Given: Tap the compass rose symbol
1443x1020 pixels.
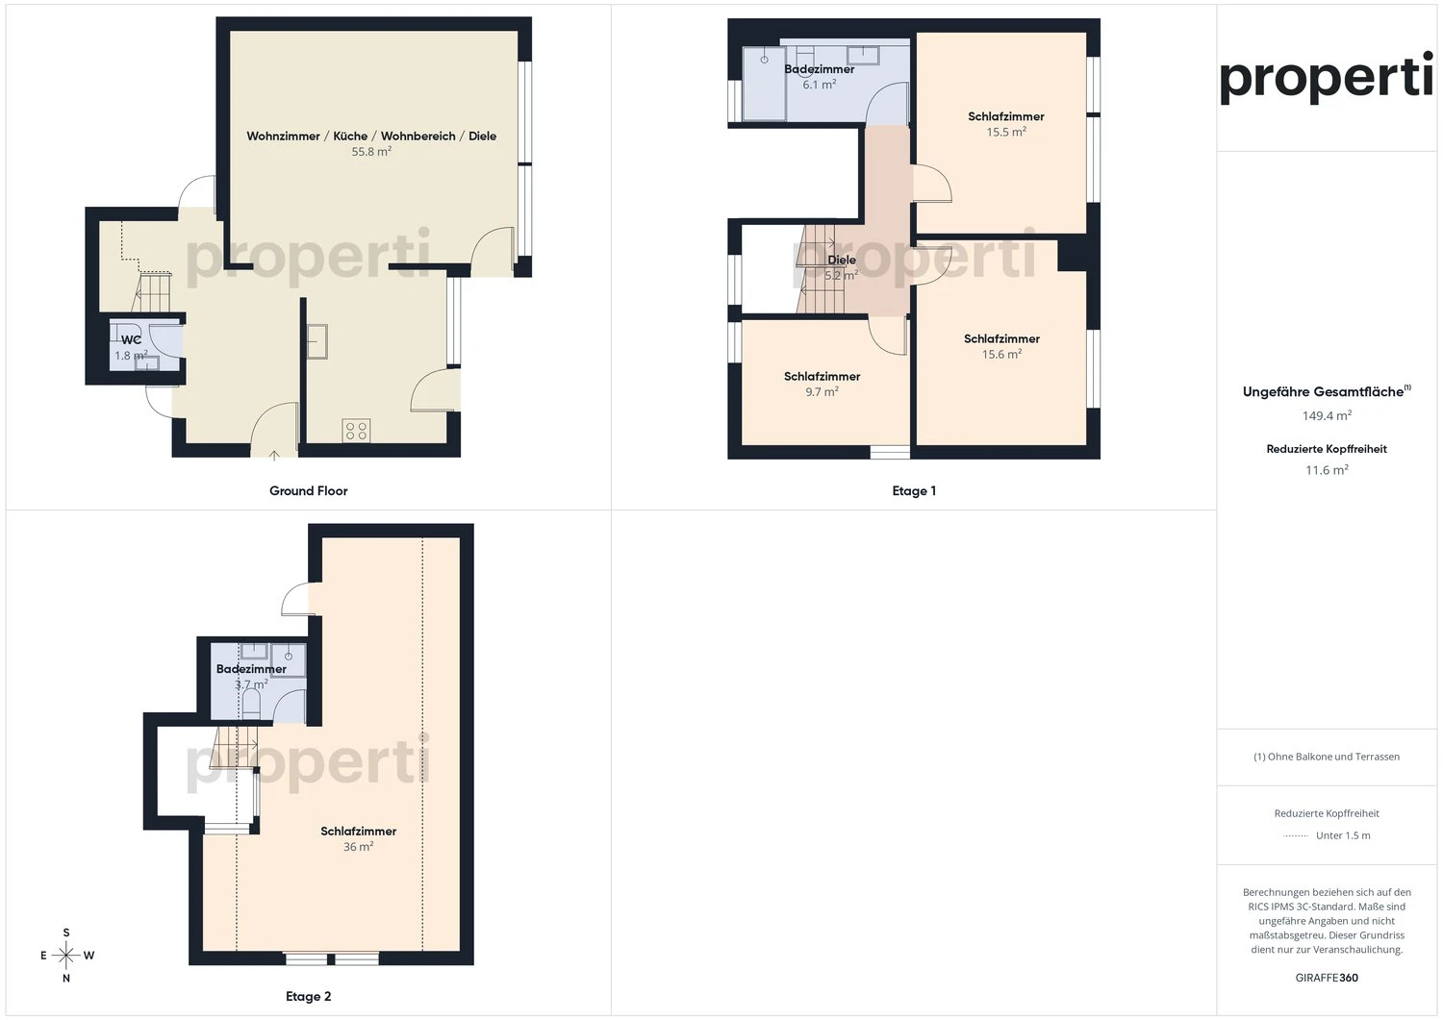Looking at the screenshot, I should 65,955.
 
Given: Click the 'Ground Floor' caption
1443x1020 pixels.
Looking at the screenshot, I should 308,490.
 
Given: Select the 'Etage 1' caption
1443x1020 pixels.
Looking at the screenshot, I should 913,490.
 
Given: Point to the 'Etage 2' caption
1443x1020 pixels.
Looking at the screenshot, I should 308,996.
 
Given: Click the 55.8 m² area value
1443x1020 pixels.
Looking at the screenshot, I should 371,152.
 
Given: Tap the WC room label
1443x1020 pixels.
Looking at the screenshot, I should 131,339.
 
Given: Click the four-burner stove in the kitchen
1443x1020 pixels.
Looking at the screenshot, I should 355,431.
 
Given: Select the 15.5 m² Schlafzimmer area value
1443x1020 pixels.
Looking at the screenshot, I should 1005,133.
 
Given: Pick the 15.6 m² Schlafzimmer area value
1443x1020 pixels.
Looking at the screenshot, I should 1001,355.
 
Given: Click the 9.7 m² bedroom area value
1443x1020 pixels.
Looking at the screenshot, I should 822,392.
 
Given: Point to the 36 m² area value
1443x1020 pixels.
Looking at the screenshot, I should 358,847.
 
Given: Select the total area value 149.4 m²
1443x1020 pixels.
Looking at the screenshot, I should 1327,416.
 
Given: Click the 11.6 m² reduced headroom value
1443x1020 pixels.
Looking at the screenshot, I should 1327,470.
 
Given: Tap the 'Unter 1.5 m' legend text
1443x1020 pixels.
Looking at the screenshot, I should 1343,835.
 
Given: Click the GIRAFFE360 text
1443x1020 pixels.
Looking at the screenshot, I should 1327,978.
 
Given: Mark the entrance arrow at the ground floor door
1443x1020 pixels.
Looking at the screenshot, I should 275,455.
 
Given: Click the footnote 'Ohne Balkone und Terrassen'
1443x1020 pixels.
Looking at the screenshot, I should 1327,757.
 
